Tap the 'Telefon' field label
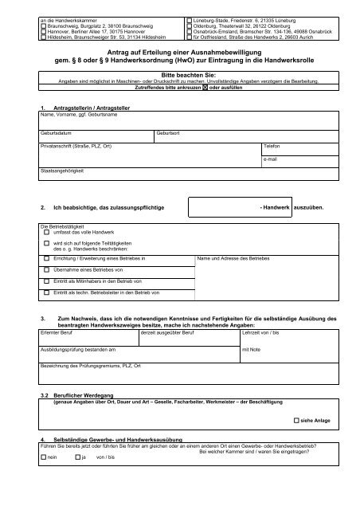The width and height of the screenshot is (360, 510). pos(272,147)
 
